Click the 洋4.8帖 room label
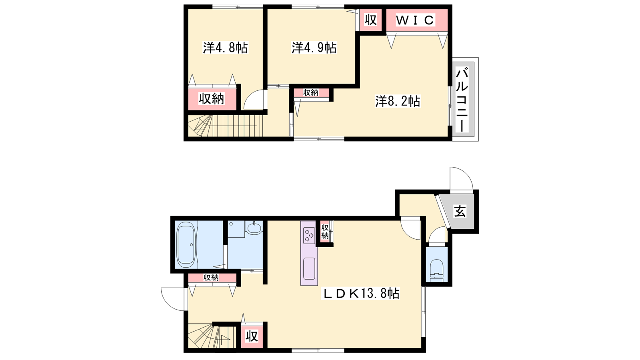(x=226, y=48)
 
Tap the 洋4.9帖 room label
(x=314, y=48)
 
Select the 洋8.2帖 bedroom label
(x=398, y=101)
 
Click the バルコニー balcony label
(x=462, y=100)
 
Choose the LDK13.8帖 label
(x=360, y=293)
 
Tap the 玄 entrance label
(x=460, y=212)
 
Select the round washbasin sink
(x=254, y=228)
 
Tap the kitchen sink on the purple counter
(x=309, y=268)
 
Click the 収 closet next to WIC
(x=370, y=20)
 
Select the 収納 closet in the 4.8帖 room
(x=212, y=99)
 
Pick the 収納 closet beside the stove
(x=324, y=232)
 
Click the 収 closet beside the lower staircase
(x=252, y=336)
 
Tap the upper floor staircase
(x=225, y=126)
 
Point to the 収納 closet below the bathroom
(x=212, y=278)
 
